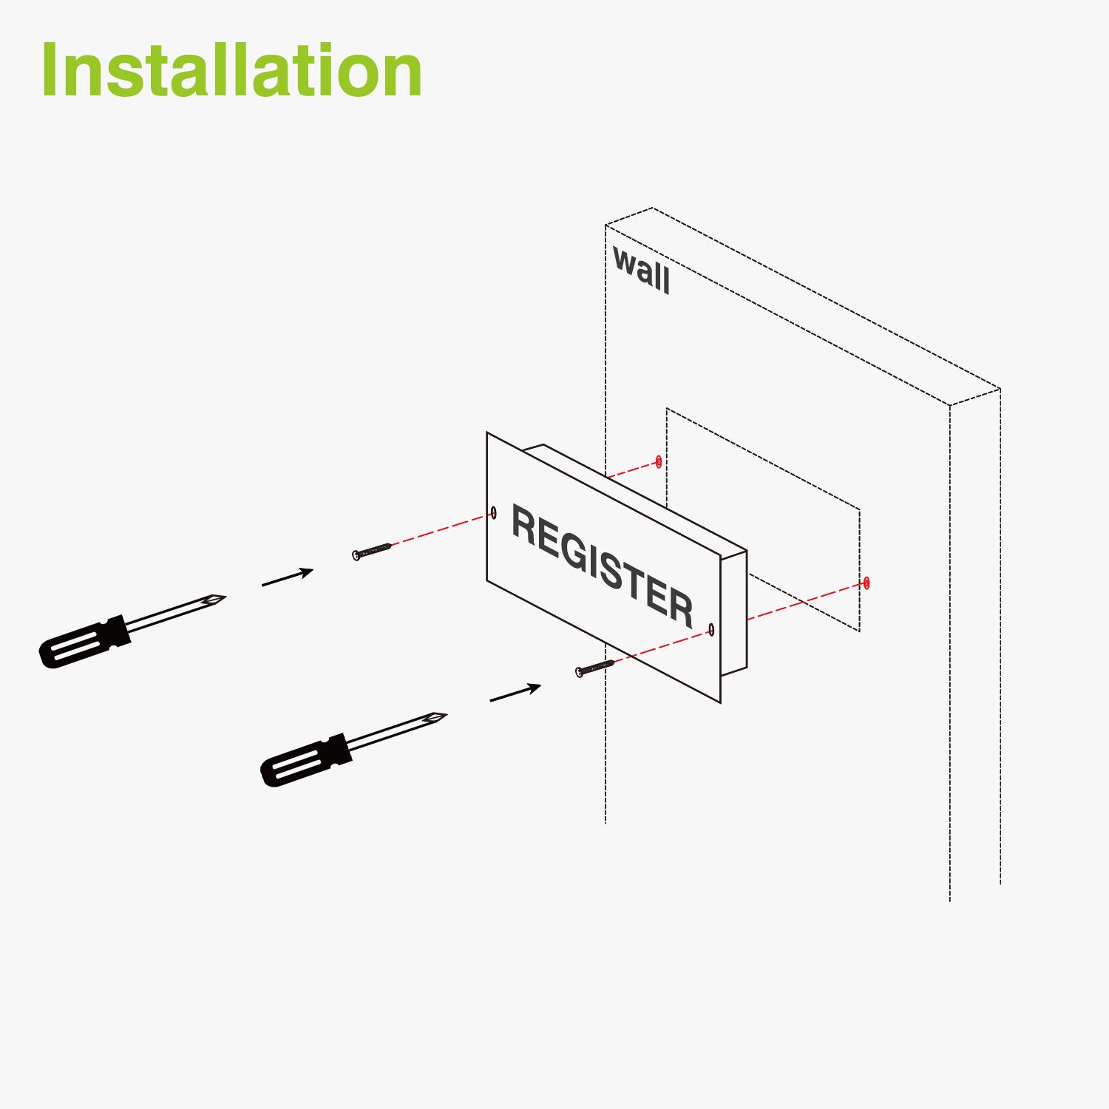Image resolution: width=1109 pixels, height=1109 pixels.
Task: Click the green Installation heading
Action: [231, 71]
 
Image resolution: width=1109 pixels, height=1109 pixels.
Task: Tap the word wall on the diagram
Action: [642, 271]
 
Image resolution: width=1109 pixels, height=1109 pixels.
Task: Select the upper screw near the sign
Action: [372, 551]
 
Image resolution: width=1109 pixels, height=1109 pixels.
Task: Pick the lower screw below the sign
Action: [594, 668]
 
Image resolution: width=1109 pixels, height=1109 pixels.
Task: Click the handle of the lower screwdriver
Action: [305, 761]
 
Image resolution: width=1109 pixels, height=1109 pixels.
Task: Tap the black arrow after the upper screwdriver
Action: [288, 577]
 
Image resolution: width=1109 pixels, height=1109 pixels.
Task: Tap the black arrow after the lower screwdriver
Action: [515, 693]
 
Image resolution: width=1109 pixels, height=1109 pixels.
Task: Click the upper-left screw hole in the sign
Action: [494, 512]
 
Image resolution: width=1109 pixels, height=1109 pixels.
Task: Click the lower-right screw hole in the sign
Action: [711, 629]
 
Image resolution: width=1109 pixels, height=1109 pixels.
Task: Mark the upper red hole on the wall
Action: [659, 462]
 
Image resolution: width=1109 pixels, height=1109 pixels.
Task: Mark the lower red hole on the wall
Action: [866, 583]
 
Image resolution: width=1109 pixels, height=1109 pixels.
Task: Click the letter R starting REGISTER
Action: [526, 527]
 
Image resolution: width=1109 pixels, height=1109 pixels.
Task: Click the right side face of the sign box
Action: [733, 614]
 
